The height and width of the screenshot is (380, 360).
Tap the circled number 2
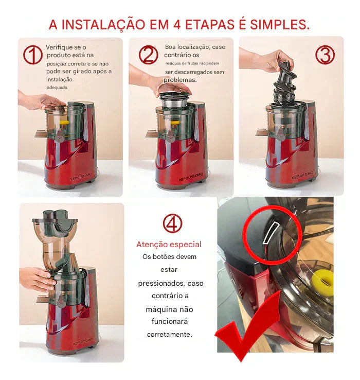[x=148, y=55]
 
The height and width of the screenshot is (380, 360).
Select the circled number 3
[x=325, y=55]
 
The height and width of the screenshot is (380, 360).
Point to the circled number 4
[x=172, y=223]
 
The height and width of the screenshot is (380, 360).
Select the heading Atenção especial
[x=169, y=245]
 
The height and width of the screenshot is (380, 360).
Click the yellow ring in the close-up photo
[x=322, y=281]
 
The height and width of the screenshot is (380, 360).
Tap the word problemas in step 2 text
[x=181, y=80]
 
